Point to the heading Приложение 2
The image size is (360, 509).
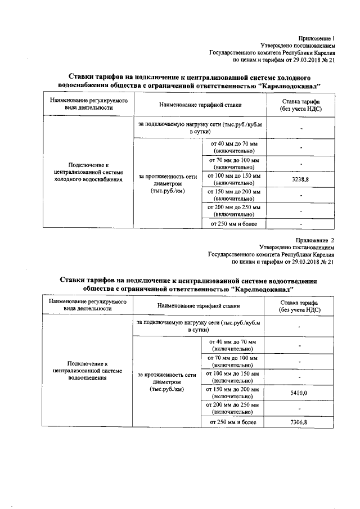tap(318, 240)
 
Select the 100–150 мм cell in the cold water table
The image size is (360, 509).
tap(233, 179)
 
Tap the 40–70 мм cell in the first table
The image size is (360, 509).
tap(233, 147)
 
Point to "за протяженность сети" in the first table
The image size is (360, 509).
tap(166, 176)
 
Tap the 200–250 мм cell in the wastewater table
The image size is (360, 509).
tap(232, 408)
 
